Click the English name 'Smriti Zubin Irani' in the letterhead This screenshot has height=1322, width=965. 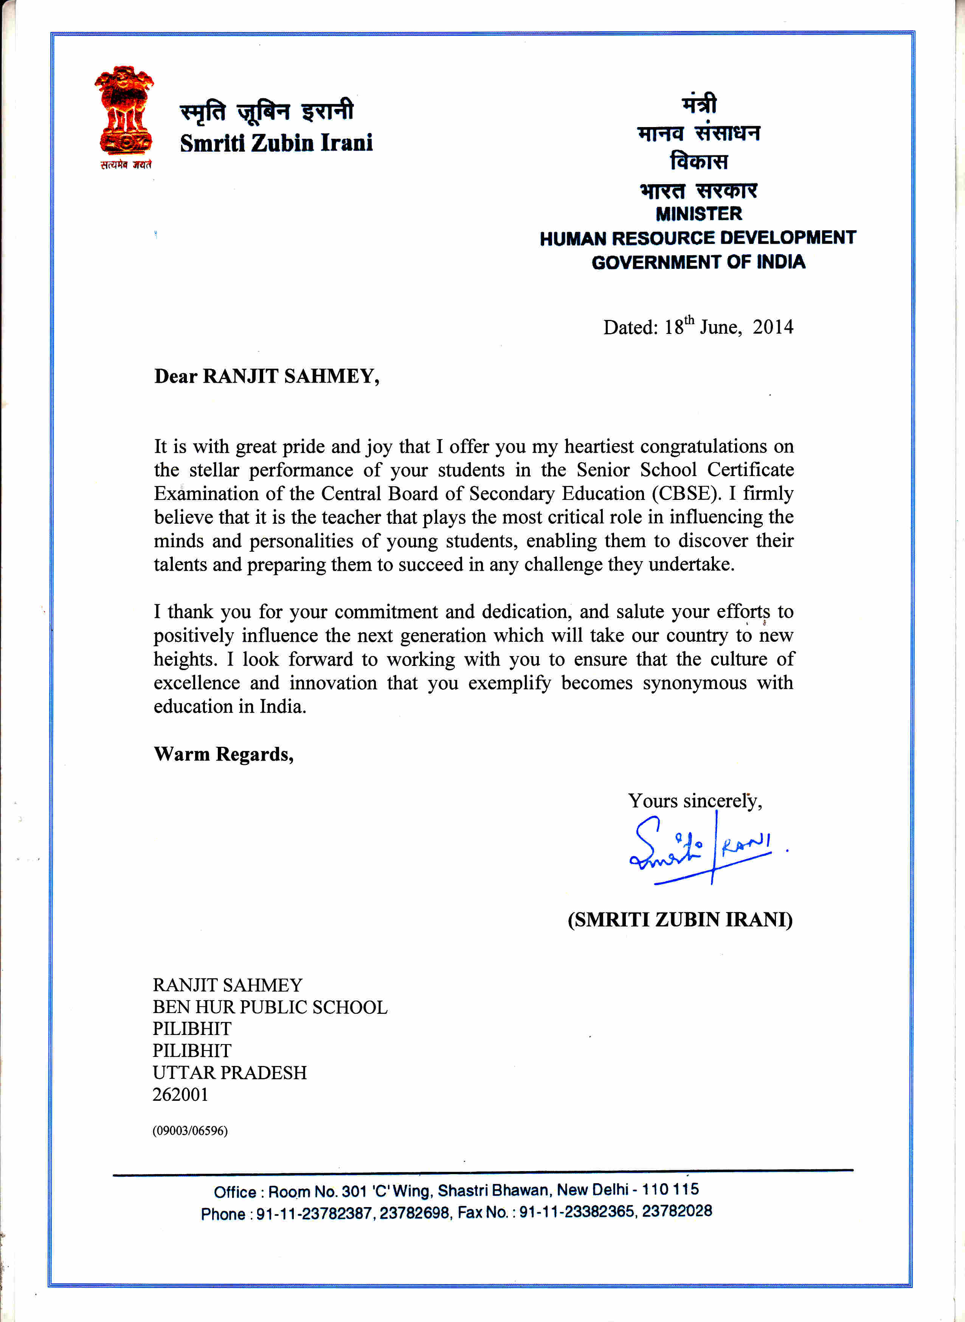coord(276,143)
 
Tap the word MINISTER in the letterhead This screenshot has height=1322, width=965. coord(699,214)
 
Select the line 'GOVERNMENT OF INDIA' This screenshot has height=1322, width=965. coord(699,262)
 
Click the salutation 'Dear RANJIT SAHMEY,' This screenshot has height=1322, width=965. coord(266,376)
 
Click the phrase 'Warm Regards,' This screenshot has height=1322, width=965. coord(224,754)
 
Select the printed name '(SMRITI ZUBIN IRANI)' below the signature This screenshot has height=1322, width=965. coord(680,920)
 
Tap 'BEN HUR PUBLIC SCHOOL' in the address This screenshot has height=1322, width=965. coord(270,1007)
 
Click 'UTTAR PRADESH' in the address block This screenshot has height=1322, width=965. coord(230,1072)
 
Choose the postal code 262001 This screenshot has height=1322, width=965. coord(180,1094)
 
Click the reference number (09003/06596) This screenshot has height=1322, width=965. coord(190,1130)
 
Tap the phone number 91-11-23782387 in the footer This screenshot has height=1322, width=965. coord(314,1214)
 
